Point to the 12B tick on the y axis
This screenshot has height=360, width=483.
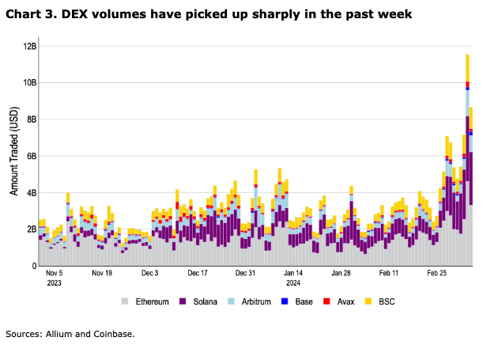tap(30, 46)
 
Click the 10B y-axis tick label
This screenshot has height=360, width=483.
tap(30, 82)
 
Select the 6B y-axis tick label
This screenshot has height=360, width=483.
tap(30, 156)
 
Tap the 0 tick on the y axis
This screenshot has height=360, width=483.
tap(33, 266)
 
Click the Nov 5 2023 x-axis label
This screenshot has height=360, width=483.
tap(54, 277)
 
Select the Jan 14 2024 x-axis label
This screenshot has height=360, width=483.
tap(293, 277)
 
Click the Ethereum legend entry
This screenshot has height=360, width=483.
tap(147, 301)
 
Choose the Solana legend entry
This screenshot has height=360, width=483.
tap(203, 301)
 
